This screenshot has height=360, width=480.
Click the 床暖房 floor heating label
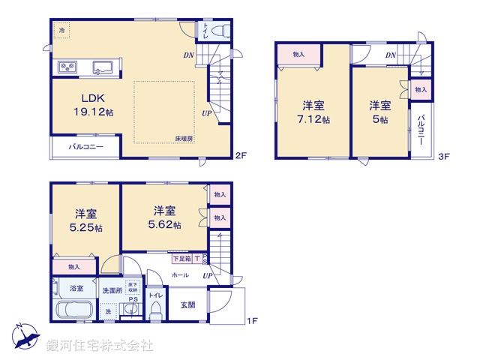click(x=184, y=139)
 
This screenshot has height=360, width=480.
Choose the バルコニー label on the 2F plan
click(x=87, y=147)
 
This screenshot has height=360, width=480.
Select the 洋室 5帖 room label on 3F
click(x=379, y=112)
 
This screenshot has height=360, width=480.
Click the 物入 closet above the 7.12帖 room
click(x=298, y=54)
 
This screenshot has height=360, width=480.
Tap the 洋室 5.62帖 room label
click(x=166, y=217)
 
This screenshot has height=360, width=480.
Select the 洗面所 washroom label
click(x=114, y=289)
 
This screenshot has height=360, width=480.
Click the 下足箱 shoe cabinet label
click(x=181, y=259)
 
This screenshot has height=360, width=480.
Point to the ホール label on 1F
click(x=180, y=275)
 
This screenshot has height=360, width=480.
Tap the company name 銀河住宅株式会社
click(x=100, y=346)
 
